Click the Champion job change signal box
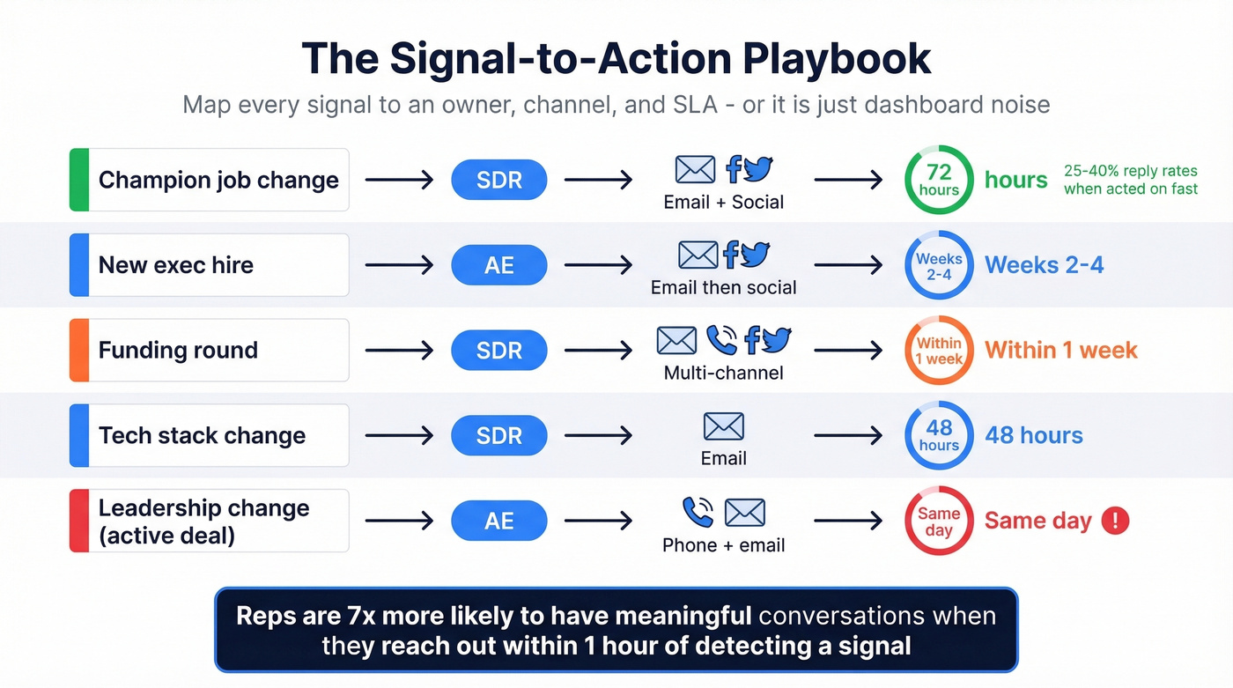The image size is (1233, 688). point(210,180)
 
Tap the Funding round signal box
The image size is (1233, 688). point(210,351)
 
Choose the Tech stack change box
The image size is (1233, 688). point(210,436)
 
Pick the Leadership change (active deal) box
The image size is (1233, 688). point(210,522)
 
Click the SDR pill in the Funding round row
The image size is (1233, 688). point(498,351)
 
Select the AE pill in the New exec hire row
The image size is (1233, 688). point(498,265)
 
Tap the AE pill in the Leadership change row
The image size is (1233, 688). point(498,522)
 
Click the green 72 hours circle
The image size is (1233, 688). point(939,180)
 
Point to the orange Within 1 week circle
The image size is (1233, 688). point(939,351)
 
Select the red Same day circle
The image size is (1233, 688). point(939,522)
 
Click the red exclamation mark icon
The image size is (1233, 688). point(1115,521)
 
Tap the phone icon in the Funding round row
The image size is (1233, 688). point(721,340)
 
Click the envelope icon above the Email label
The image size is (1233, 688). point(723,426)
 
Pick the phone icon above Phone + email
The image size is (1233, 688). point(698,512)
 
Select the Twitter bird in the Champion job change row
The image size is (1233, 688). point(757,169)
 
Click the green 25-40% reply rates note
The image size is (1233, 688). point(1130,180)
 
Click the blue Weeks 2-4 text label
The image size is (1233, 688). point(1044,265)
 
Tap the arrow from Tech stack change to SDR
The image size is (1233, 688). point(399,436)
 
